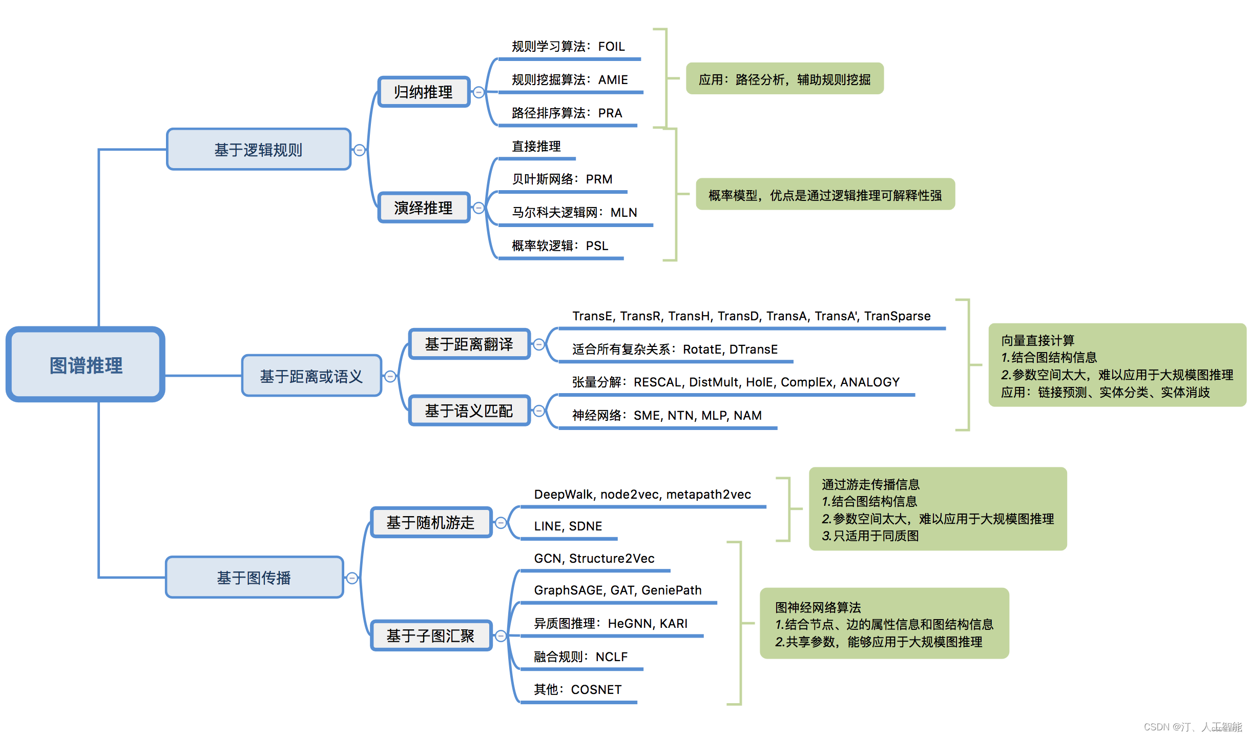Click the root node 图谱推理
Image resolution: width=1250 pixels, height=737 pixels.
coord(86,365)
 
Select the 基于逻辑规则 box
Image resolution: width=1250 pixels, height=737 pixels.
coord(259,150)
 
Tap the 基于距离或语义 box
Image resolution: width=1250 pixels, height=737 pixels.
coord(311,376)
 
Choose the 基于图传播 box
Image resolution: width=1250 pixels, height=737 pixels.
coord(254,578)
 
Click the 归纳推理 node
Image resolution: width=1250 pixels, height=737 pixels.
coord(424,92)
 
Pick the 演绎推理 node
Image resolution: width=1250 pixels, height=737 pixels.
coord(424,208)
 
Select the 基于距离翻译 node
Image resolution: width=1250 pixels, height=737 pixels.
coord(469,344)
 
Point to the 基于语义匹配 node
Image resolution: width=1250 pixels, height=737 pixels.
coord(469,411)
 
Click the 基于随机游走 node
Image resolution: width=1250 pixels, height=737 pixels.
coord(430,523)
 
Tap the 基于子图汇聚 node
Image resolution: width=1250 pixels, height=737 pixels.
coord(430,636)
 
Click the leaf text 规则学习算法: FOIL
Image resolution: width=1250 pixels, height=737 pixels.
coord(568,47)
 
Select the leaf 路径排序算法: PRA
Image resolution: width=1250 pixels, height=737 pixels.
coord(567,113)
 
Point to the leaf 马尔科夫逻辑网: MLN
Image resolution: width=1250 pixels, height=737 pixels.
coord(574,213)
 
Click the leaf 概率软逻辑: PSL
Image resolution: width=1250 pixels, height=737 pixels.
coord(560,246)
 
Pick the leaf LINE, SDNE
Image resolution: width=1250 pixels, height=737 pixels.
coord(568,526)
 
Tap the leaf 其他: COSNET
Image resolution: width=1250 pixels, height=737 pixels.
coord(577,690)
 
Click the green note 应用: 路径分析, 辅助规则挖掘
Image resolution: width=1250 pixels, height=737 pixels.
coord(784,79)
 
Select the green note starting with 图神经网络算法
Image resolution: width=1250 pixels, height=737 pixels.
coord(884,624)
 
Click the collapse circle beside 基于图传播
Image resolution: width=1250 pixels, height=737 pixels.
coord(352,578)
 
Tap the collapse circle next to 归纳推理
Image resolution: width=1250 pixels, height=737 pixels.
coord(478,92)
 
